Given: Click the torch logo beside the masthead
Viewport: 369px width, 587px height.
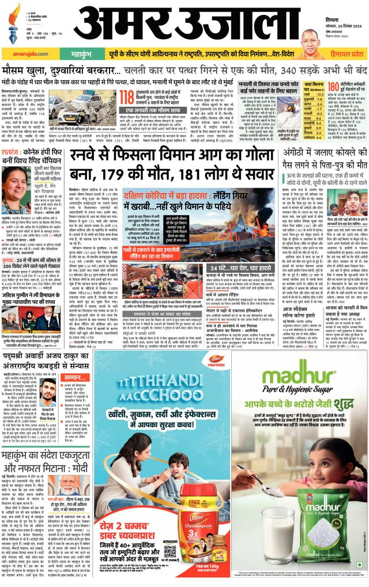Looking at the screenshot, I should tap(15, 17).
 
